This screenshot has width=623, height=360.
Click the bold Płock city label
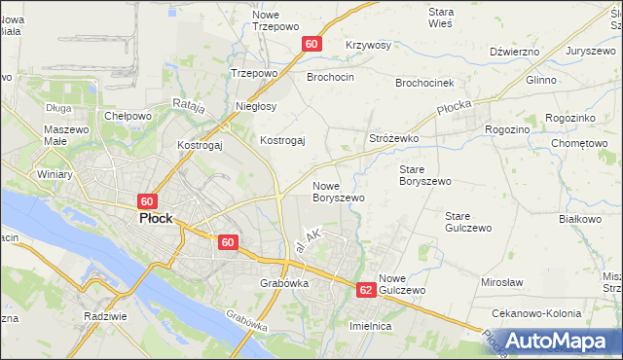155,219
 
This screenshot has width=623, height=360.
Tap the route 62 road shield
366,290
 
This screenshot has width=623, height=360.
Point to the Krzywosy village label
368,46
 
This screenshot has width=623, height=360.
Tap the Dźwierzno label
515,52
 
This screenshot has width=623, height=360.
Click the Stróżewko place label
393,139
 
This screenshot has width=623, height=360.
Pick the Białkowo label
581,219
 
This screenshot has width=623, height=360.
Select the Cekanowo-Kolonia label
537,313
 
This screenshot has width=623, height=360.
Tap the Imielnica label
370,326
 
